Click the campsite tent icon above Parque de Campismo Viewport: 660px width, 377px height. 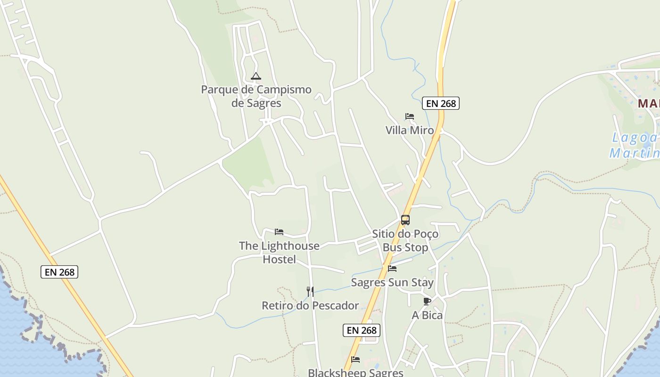[256, 76]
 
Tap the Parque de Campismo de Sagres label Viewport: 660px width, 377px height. [256, 96]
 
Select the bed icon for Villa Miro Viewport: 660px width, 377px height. [410, 116]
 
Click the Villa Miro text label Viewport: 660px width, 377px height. [410, 130]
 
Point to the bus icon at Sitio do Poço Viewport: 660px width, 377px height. [405, 220]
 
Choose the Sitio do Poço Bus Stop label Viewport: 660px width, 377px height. [405, 240]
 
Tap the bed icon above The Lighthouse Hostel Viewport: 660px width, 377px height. [279, 232]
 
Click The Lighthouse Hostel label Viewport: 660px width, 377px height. [279, 252]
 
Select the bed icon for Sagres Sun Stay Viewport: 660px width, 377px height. [392, 269]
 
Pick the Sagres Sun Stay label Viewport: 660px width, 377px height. [392, 282]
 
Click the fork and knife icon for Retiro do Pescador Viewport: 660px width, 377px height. [310, 292]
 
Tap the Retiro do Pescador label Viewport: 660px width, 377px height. [310, 305]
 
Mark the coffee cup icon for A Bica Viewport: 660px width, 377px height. [427, 301]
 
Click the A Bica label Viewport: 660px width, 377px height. [427, 315]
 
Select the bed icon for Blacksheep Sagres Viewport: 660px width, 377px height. [355, 360]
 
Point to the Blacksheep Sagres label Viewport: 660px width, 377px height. [355, 372]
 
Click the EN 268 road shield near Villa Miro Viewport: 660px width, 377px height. [441, 103]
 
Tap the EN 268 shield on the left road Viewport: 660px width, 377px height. [59, 272]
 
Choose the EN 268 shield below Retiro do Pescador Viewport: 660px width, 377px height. [362, 330]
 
